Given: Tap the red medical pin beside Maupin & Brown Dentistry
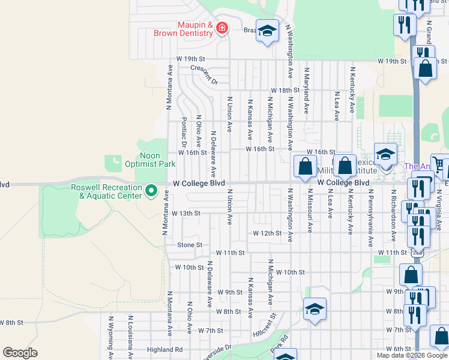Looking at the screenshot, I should click(221, 28).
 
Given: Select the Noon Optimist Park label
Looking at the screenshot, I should click(149, 160).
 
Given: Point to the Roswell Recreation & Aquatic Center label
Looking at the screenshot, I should click(106, 191).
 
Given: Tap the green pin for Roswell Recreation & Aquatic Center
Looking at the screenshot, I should click(151, 191).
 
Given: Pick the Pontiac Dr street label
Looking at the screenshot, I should click(184, 131).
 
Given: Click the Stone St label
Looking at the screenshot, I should click(190, 245).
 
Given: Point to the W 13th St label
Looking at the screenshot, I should click(185, 213).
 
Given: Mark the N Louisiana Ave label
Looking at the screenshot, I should click(130, 339).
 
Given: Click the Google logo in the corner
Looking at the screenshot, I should click(20, 353).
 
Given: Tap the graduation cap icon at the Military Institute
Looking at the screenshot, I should click(385, 154).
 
